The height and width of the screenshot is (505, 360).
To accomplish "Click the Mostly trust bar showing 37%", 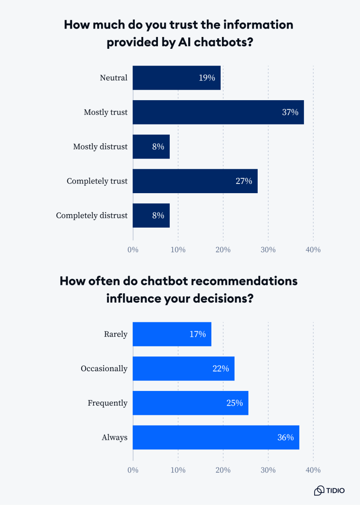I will click(x=218, y=112).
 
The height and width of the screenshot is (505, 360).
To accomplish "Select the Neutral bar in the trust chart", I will click(x=176, y=78).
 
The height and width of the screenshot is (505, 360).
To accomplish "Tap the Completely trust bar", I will click(x=195, y=181).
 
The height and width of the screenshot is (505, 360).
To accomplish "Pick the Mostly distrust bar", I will click(x=151, y=147).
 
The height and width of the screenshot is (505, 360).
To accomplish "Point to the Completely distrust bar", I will click(x=151, y=216).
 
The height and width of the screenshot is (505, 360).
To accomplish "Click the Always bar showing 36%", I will click(x=216, y=438).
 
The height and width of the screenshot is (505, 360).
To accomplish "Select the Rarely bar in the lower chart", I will click(x=172, y=334).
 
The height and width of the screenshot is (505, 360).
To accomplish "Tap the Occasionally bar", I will click(x=184, y=369).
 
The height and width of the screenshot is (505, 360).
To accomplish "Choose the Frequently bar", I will click(x=190, y=403).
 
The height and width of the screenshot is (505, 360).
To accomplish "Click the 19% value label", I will click(x=207, y=78).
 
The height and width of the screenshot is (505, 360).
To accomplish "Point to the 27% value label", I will click(x=244, y=181).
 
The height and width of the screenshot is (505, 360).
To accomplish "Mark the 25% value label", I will click(x=235, y=403).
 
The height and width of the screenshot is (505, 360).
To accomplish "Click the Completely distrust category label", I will click(x=91, y=215).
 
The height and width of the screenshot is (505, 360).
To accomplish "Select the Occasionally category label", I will click(x=104, y=369).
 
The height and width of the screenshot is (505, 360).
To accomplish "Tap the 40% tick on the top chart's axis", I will click(x=313, y=250).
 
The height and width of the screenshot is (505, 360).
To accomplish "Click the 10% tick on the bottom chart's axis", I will click(x=178, y=470).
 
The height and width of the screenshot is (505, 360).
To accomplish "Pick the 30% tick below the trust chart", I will click(x=268, y=250).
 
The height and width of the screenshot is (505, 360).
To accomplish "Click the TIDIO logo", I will click(x=329, y=490).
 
